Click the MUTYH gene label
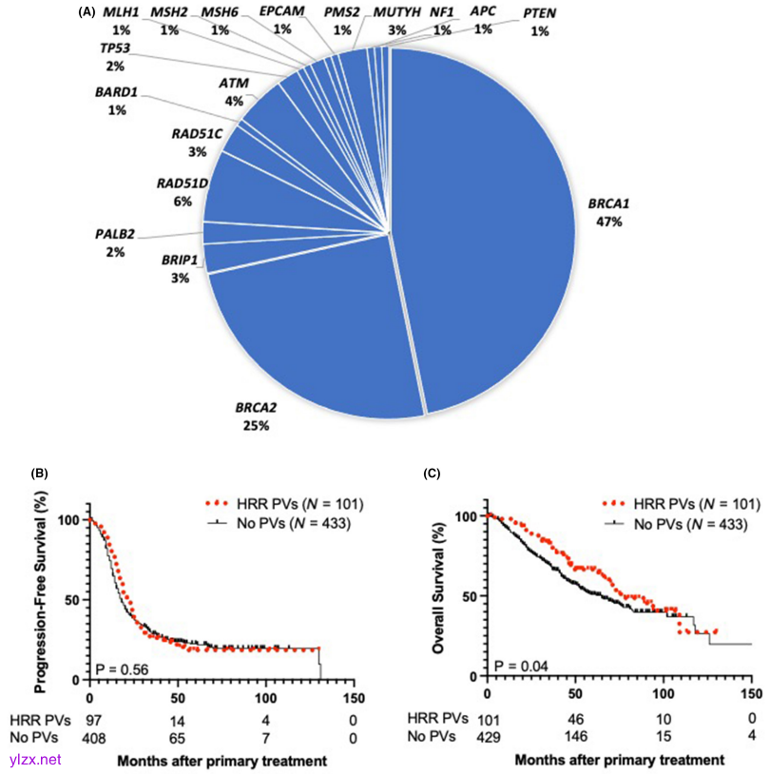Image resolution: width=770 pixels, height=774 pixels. (x=394, y=13)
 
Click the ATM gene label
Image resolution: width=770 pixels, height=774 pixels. (x=234, y=84)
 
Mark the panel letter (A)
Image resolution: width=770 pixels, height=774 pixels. (x=87, y=12)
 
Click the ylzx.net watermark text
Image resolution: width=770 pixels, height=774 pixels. (x=31, y=759)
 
